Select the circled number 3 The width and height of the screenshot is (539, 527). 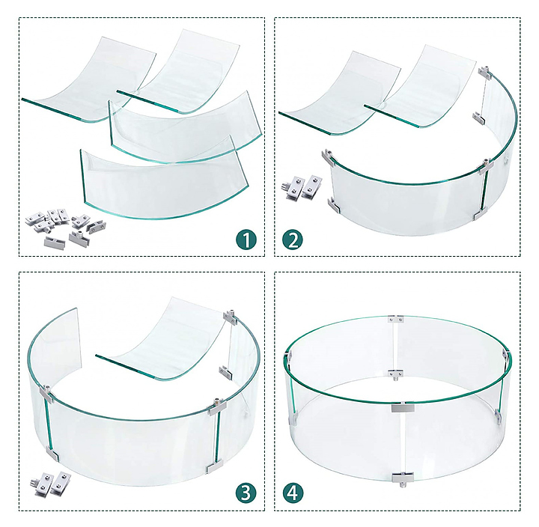coord(246,493)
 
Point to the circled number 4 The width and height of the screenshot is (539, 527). coord(293,493)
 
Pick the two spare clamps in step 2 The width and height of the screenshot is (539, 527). coord(302,188)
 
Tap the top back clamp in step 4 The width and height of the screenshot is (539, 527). coord(396,319)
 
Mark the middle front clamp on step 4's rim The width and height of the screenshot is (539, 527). coord(403,408)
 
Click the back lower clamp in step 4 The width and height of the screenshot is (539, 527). coord(396,374)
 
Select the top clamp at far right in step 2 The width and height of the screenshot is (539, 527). coord(484,72)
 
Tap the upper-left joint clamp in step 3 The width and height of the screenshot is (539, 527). coord(46,395)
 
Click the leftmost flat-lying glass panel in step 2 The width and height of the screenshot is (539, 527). coord(341,93)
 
